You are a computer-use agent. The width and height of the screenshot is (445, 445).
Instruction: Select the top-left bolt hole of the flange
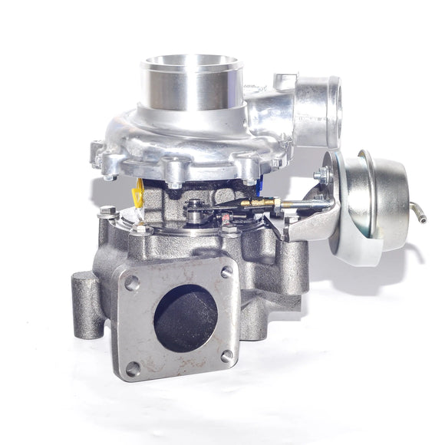click(132, 282)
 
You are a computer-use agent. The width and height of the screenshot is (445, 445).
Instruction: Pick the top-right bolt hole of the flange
click(226, 271)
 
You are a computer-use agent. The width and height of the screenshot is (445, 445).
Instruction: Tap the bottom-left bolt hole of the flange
click(131, 369)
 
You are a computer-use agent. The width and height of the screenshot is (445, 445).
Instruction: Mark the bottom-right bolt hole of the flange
click(226, 355)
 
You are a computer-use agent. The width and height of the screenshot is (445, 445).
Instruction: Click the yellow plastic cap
click(138, 194)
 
